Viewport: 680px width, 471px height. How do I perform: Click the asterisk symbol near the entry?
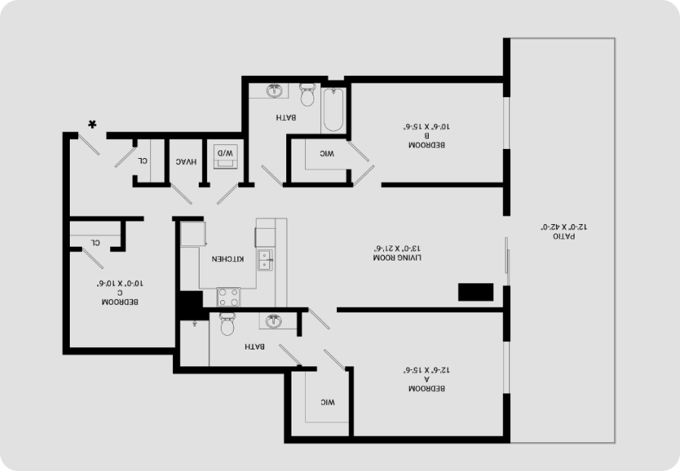92,124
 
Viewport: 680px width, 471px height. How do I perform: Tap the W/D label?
225,153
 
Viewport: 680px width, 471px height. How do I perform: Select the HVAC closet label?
186,162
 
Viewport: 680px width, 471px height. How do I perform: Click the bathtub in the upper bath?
333,109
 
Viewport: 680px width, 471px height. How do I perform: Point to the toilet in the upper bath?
307,95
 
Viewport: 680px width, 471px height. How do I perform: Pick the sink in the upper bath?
275,90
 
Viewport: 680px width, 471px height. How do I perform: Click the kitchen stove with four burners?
228,297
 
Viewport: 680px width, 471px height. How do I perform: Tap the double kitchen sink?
265,260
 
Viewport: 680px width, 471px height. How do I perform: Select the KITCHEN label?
228,259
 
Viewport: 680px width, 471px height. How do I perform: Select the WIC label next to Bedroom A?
328,403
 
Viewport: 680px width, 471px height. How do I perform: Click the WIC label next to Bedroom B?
327,153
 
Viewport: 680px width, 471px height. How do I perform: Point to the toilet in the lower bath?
227,324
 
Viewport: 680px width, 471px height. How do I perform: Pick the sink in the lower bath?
273,321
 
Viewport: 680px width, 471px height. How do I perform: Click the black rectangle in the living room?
476,292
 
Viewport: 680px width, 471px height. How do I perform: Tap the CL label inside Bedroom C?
96,242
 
